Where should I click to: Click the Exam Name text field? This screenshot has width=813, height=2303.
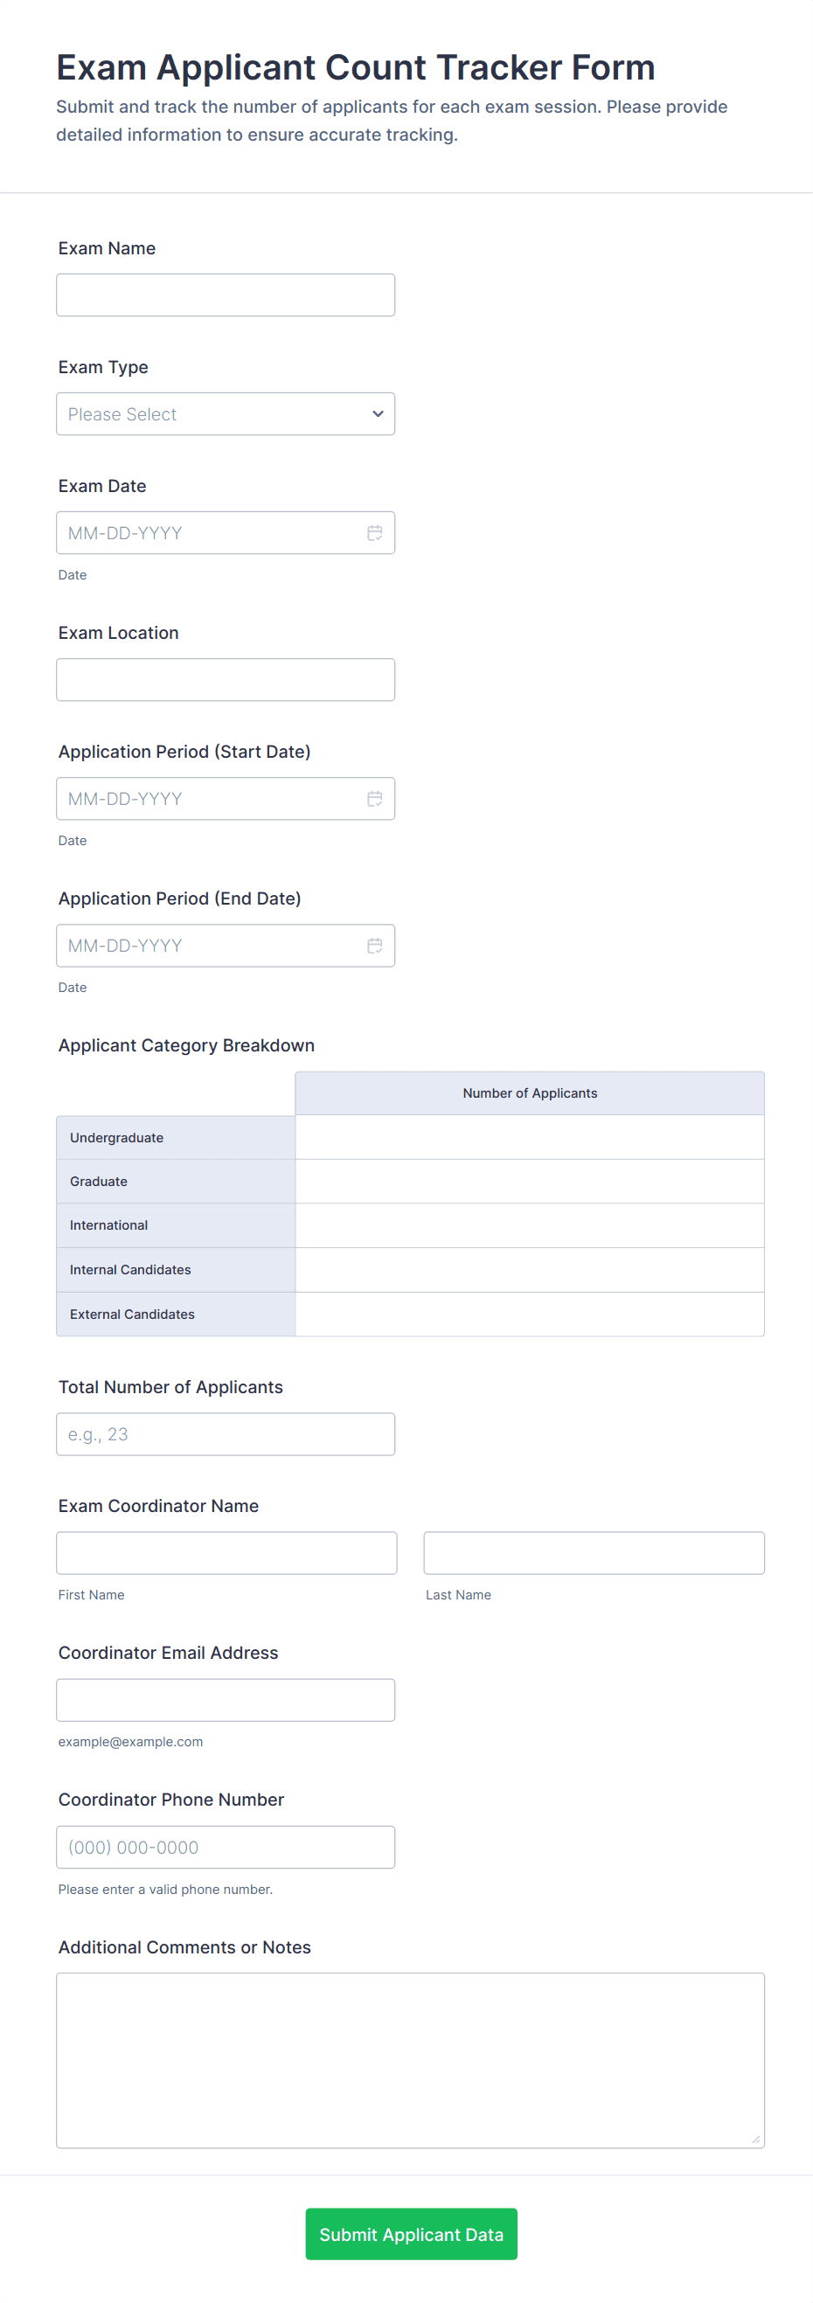click(226, 295)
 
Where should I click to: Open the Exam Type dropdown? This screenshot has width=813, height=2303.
click(226, 414)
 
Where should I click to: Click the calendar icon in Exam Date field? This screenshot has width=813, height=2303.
click(375, 533)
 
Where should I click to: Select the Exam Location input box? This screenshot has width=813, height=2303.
click(226, 679)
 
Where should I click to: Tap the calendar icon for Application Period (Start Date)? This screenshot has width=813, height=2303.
click(375, 798)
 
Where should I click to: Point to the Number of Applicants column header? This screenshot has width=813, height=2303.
click(530, 1093)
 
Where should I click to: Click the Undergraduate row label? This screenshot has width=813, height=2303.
click(117, 1138)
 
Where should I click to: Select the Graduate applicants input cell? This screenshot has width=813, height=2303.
click(530, 1181)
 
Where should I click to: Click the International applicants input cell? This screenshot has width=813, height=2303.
click(530, 1224)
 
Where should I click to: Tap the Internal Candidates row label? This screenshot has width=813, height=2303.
click(130, 1270)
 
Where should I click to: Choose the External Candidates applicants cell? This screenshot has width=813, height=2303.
click(530, 1315)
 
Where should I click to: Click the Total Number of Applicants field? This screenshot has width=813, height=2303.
click(226, 1434)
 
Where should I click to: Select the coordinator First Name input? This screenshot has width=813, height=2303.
click(226, 1553)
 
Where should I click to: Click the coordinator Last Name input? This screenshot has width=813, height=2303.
click(594, 1553)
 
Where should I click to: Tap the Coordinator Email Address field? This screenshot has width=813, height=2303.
click(226, 1700)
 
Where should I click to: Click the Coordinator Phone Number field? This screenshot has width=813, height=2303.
click(226, 1847)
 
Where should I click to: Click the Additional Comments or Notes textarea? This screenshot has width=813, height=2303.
click(410, 2060)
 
